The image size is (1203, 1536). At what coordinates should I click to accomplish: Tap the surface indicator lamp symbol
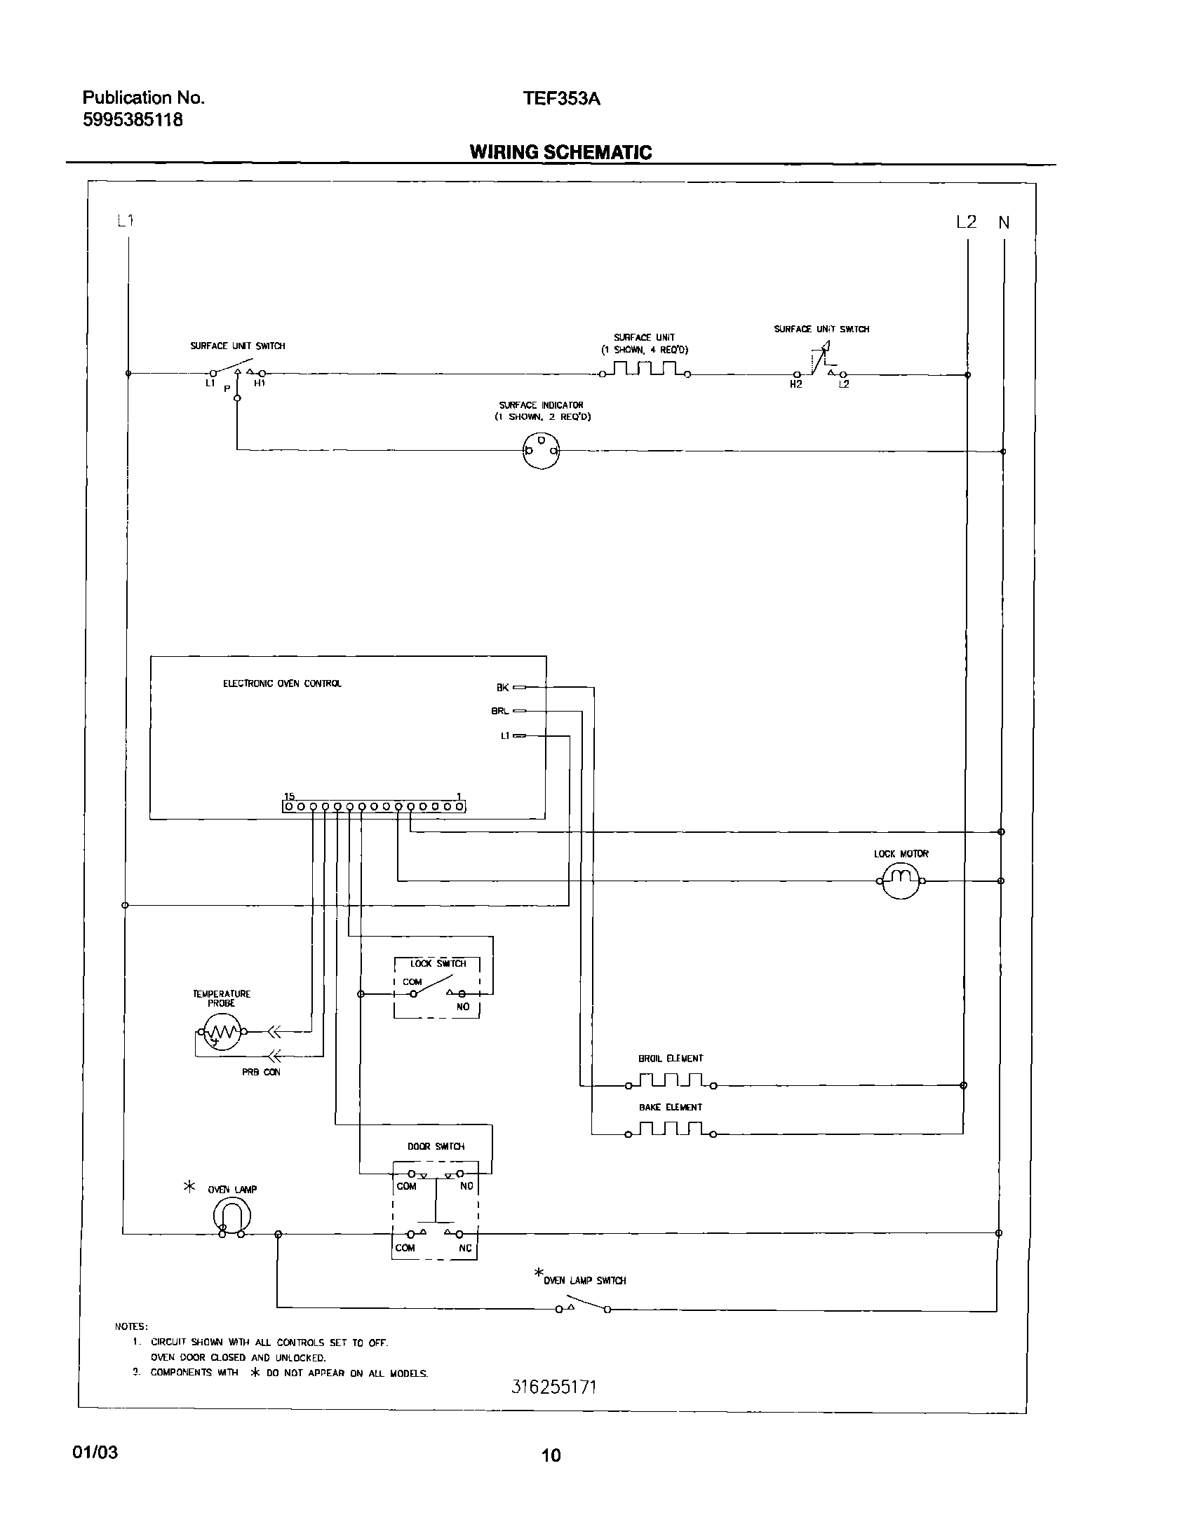(541, 451)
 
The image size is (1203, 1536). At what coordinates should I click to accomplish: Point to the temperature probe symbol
(222, 1033)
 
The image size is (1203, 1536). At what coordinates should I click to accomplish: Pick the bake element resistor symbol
(670, 1130)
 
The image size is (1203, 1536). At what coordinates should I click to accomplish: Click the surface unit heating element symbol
(645, 369)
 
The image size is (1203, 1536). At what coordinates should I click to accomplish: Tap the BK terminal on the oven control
(519, 687)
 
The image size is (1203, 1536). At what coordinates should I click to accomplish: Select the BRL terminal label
(499, 711)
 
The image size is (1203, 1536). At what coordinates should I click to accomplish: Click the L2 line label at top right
(966, 222)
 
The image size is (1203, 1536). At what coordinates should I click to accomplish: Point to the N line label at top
(1004, 223)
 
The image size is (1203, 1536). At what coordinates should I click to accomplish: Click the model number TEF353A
(560, 99)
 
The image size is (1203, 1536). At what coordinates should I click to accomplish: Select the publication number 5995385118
(133, 121)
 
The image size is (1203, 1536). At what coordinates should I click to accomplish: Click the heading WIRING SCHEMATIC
(560, 152)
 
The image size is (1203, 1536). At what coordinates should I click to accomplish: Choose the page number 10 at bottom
(551, 1455)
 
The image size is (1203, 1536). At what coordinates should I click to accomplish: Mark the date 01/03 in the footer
(95, 1453)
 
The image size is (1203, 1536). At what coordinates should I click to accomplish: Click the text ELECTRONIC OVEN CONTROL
(282, 684)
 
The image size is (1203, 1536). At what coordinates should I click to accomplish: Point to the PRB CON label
(261, 1072)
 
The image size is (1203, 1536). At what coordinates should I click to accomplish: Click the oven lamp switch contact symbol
(582, 1307)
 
